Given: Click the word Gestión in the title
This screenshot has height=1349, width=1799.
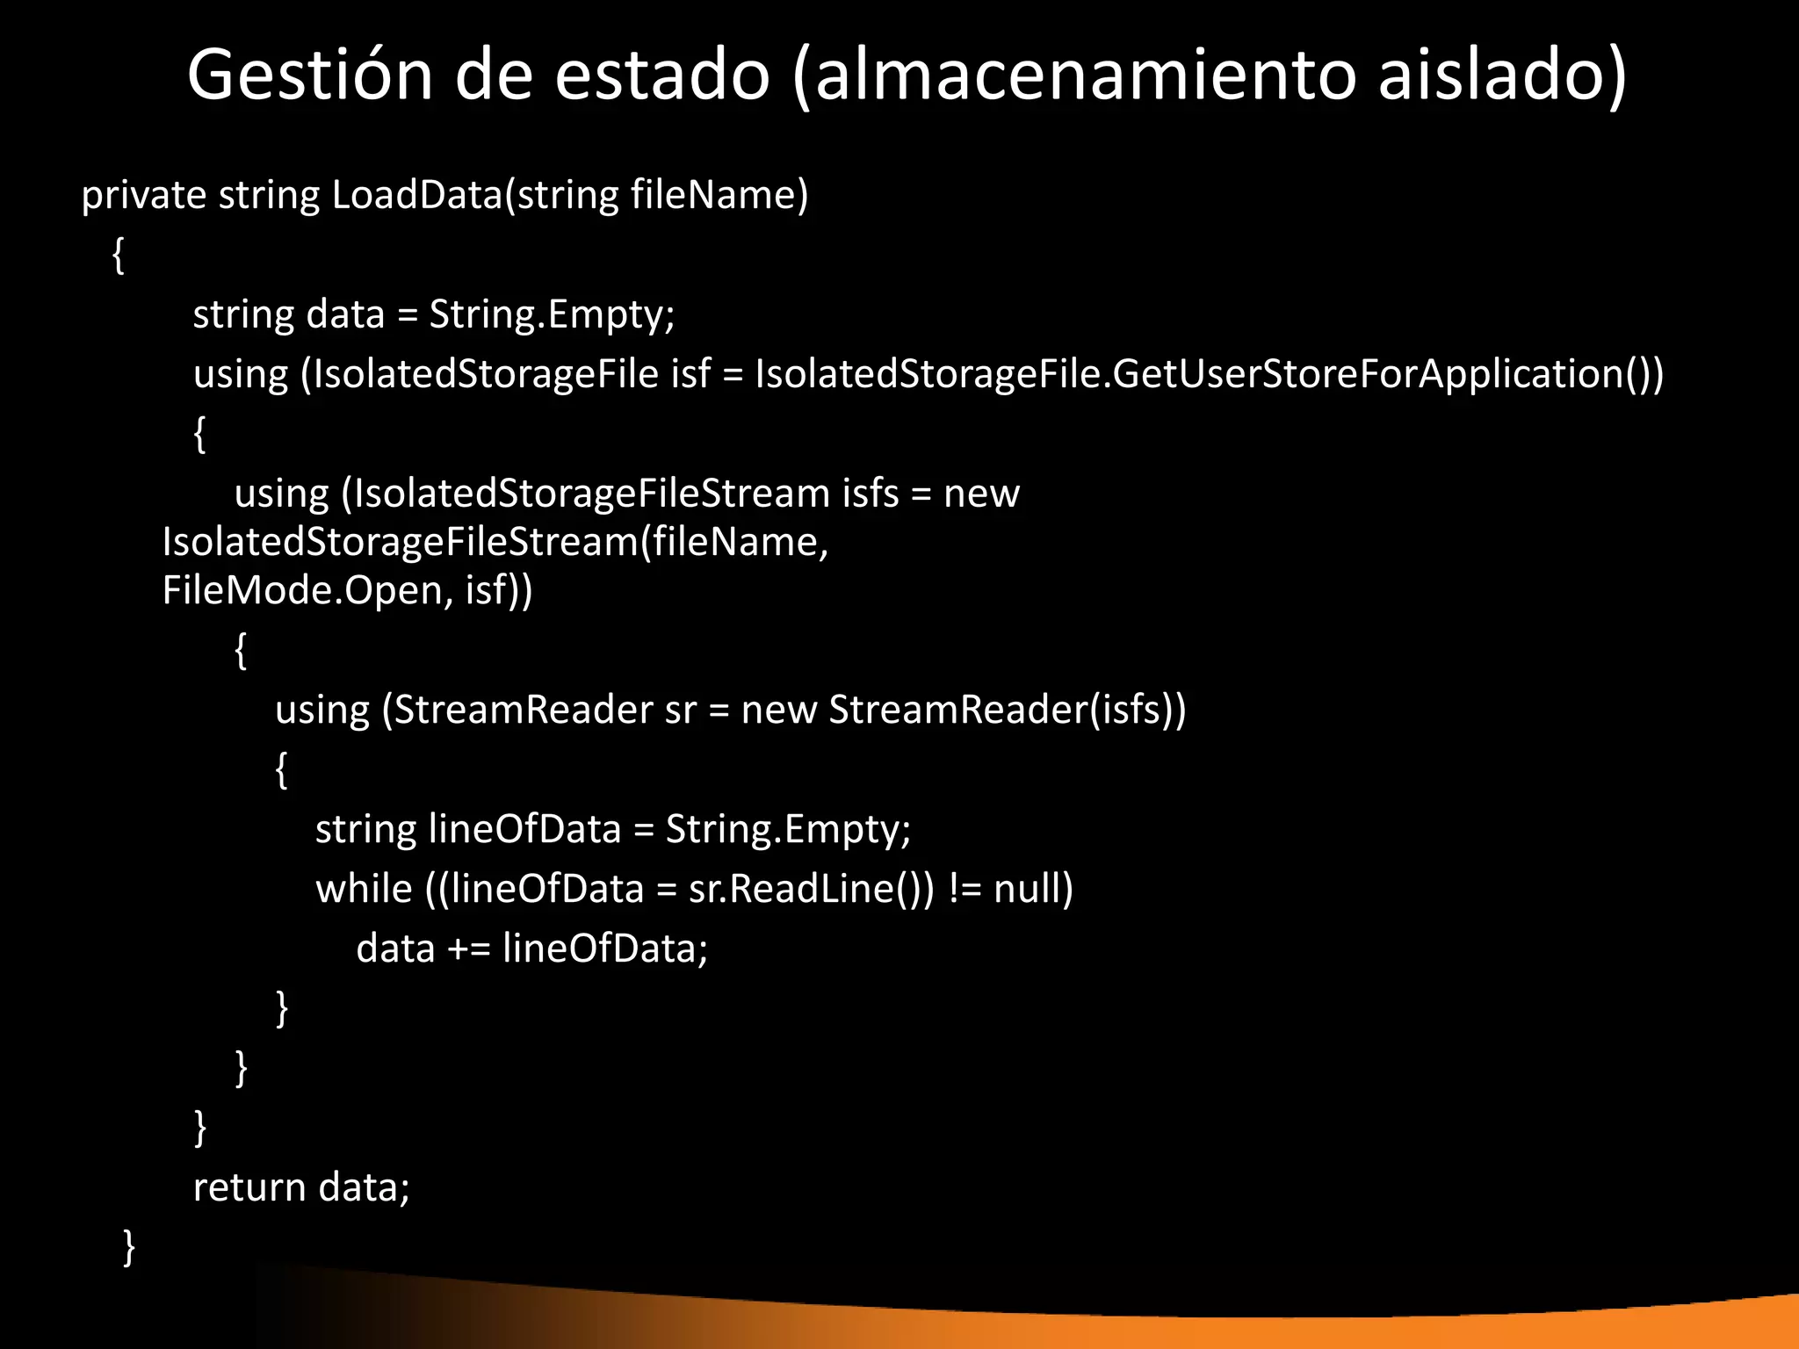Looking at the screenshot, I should coord(310,76).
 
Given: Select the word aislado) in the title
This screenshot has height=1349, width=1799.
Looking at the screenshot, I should coord(1501,76).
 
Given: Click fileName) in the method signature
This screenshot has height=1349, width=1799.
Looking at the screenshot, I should coord(719,195).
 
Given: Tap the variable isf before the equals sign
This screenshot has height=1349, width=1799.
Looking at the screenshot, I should coord(690,374).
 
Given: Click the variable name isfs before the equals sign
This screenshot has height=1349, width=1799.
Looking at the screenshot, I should coord(871,494).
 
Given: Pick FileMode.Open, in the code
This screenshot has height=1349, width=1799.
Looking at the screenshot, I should coord(307,590).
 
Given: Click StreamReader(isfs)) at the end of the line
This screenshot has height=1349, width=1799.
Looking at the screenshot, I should coord(1008,710).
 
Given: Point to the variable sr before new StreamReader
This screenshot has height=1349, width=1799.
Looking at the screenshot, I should coord(681,710).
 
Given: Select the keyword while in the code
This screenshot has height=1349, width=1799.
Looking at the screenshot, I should coord(364,889).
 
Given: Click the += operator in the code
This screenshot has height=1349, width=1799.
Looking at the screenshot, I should coord(469,949).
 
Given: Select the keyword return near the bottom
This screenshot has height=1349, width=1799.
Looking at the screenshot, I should coord(249,1187).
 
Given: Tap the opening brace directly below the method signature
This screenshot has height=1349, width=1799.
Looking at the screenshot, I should coord(119,256).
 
